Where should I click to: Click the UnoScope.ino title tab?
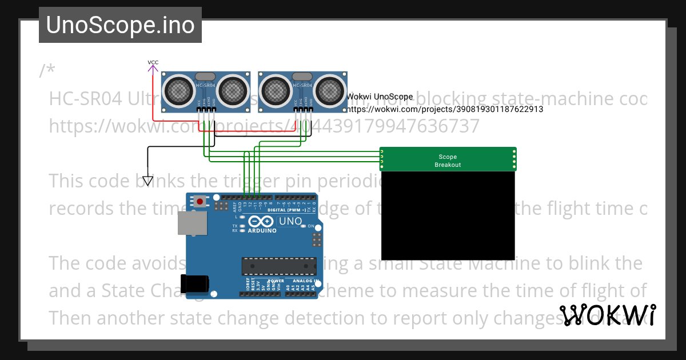click(x=120, y=25)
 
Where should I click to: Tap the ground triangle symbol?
click(x=148, y=181)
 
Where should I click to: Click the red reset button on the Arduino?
click(x=200, y=201)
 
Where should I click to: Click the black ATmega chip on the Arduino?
click(x=278, y=266)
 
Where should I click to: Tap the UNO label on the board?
click(x=290, y=221)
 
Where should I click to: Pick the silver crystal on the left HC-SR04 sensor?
click(x=205, y=76)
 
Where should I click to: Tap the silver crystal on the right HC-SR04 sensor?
click(x=302, y=76)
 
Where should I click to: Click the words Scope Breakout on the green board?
click(x=448, y=161)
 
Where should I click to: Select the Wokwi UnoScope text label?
click(x=380, y=97)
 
